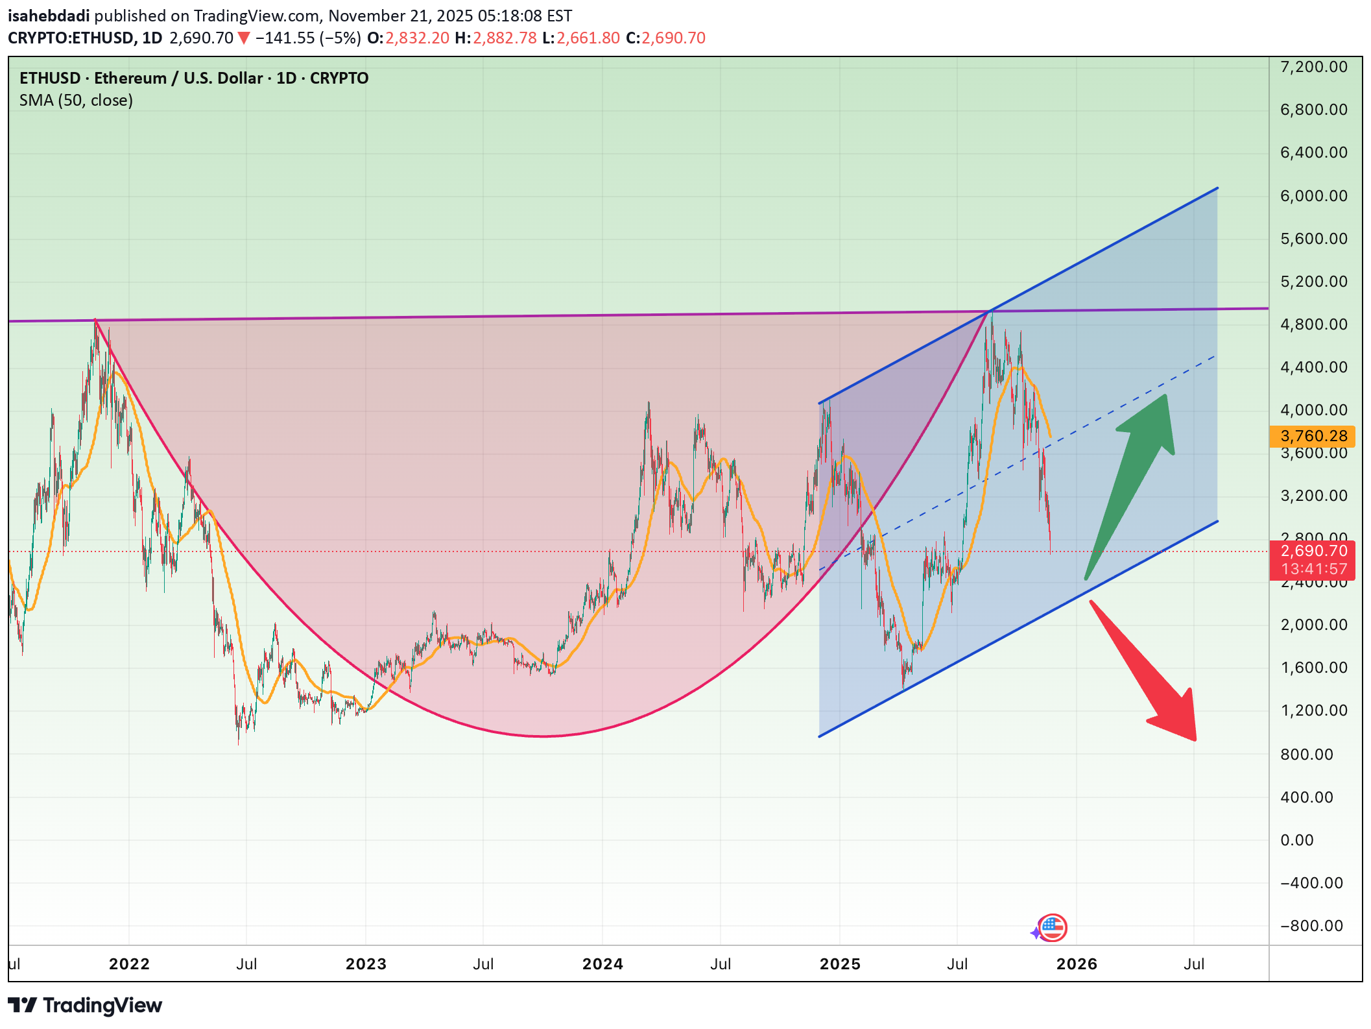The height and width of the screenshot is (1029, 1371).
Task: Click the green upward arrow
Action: tap(1135, 474)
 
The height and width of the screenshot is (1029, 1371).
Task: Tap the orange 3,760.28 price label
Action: tap(1313, 436)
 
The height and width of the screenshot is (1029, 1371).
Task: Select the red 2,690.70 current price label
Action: tap(1313, 551)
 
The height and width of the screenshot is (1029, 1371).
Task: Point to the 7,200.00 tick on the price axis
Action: tap(1313, 67)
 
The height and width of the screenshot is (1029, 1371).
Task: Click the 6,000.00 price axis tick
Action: tap(1313, 196)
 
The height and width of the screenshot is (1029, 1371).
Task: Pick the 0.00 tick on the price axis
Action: tap(1296, 840)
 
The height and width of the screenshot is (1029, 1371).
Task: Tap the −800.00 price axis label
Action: tap(1311, 926)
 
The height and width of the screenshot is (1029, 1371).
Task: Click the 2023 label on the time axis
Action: tap(366, 964)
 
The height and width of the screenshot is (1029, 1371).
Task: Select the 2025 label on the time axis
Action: tap(840, 964)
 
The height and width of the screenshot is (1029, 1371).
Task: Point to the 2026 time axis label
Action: tap(1077, 964)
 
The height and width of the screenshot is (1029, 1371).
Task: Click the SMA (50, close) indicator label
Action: tap(76, 101)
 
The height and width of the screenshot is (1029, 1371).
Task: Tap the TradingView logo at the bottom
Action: tap(85, 1006)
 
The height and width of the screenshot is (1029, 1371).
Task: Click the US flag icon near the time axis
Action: tap(1052, 927)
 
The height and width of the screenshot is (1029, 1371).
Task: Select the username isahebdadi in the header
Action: tap(49, 16)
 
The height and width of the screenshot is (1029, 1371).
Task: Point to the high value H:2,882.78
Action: tap(495, 38)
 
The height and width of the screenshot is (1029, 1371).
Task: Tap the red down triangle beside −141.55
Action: tap(244, 38)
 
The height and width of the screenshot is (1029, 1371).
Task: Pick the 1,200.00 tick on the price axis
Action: tap(1313, 710)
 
